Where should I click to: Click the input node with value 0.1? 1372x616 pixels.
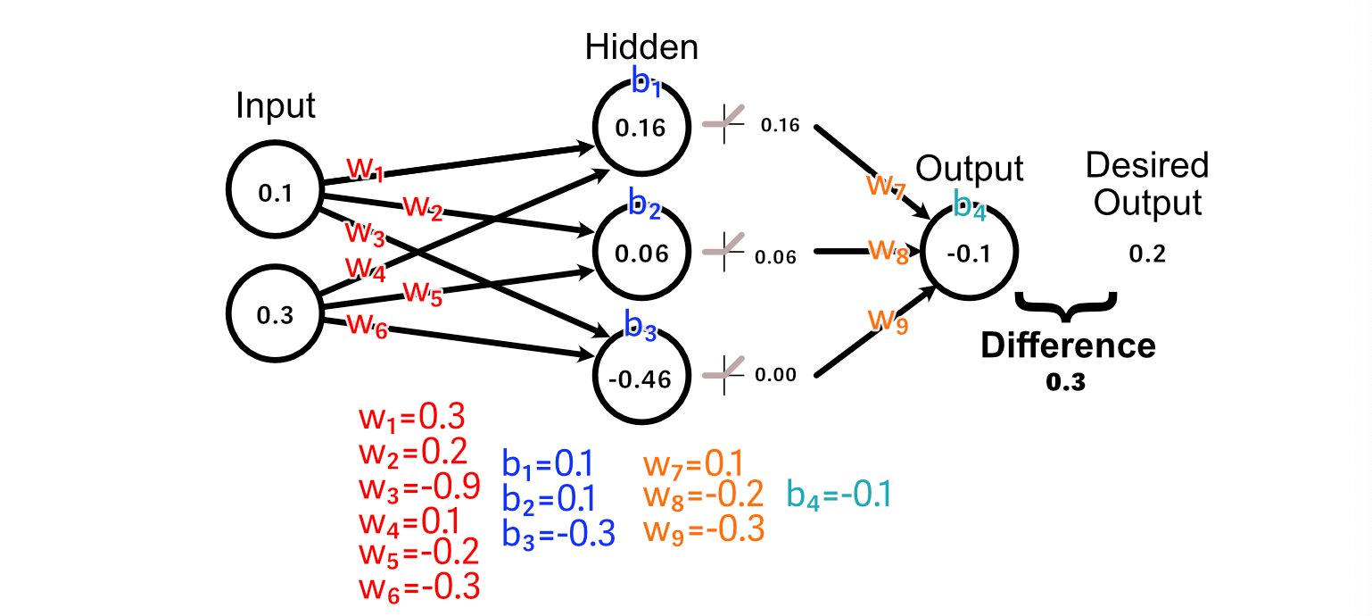[x=275, y=189]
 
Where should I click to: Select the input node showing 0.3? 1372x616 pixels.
[x=275, y=313]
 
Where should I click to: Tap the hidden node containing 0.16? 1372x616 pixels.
[x=641, y=128]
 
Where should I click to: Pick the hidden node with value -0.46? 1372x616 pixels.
[x=641, y=375]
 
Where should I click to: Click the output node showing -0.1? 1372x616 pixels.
[x=969, y=251]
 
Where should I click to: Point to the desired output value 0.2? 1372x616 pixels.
[x=1147, y=254]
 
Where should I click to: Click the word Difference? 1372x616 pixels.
[x=1068, y=345]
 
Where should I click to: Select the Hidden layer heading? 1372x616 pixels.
[x=641, y=47]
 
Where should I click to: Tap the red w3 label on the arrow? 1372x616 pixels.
[x=366, y=234]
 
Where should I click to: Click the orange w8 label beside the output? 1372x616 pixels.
[x=888, y=251]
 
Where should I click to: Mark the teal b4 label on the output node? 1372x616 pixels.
[x=970, y=204]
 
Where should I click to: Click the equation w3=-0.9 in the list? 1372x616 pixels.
[x=419, y=487]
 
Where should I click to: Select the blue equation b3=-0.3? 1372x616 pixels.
[x=558, y=533]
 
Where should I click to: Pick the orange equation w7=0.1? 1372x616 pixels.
[x=693, y=464]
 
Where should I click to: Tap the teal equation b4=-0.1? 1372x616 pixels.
[x=839, y=495]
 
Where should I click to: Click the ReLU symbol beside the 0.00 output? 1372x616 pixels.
[x=723, y=374]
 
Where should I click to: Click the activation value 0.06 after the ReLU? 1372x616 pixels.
[x=775, y=257]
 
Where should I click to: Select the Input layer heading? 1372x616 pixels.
[x=276, y=106]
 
